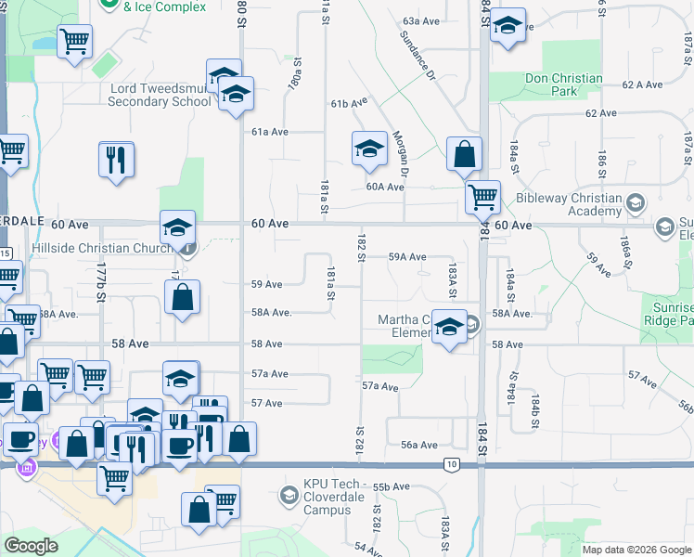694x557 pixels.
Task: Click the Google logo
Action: coord(31,545)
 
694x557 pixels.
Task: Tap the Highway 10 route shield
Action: coord(451,464)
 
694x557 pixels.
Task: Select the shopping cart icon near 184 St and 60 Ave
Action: coord(482,196)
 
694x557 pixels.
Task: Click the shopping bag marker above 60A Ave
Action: coord(464,154)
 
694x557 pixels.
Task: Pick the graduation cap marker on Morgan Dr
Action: coord(368,149)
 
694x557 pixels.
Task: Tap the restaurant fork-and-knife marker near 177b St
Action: coord(117,159)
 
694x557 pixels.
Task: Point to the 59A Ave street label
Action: coord(406,256)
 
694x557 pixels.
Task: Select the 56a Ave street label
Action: coord(418,445)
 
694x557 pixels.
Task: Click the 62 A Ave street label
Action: coord(642,84)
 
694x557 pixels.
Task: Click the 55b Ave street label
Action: coord(391,486)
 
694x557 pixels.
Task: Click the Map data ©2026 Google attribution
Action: coord(636,549)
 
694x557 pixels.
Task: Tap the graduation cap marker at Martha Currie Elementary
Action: coord(449,328)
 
